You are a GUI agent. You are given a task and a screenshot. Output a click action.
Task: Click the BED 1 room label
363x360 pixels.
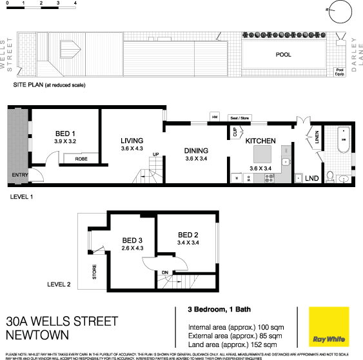pos(65,134)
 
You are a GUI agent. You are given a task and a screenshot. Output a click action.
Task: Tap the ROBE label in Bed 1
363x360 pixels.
pos(81,158)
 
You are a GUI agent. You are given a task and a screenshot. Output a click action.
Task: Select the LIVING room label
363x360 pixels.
pos(132,141)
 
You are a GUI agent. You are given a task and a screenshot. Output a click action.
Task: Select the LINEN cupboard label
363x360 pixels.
pos(319,137)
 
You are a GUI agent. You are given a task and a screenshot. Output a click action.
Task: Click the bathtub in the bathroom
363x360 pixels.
pos(344,139)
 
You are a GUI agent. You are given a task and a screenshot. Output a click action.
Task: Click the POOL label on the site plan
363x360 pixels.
pos(284,55)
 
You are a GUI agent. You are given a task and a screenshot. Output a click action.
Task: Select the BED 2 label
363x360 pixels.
pos(188,234)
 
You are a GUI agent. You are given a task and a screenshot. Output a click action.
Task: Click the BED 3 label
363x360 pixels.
pos(132,240)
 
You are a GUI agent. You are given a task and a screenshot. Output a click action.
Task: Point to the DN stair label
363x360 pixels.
pos(164,272)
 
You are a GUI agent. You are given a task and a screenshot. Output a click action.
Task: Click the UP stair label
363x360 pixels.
pos(155,154)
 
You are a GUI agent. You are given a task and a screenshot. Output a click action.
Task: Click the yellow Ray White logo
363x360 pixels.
pos(328,326)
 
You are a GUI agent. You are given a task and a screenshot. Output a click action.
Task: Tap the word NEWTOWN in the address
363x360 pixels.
pos(37,335)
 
